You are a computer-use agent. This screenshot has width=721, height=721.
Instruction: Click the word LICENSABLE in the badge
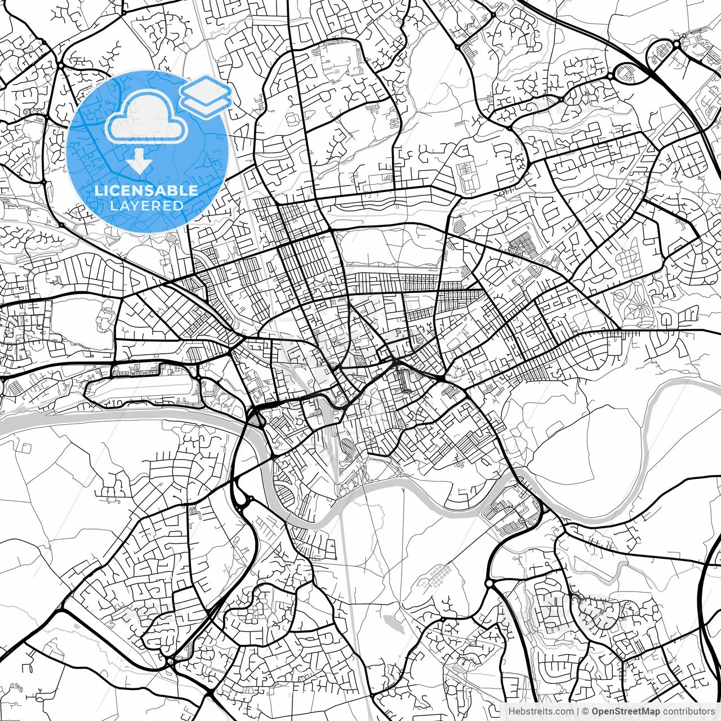(x=146, y=190)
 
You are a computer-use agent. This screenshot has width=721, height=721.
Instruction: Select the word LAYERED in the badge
(x=146, y=206)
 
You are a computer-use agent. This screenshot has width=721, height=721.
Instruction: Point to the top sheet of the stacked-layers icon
(x=206, y=88)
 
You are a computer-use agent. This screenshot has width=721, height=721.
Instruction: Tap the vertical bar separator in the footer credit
(x=578, y=711)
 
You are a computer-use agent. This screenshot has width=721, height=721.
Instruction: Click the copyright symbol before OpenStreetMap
(x=586, y=711)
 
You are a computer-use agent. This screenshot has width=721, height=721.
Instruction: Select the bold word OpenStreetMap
(x=626, y=711)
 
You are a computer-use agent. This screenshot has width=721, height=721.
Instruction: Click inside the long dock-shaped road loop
(x=144, y=390)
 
